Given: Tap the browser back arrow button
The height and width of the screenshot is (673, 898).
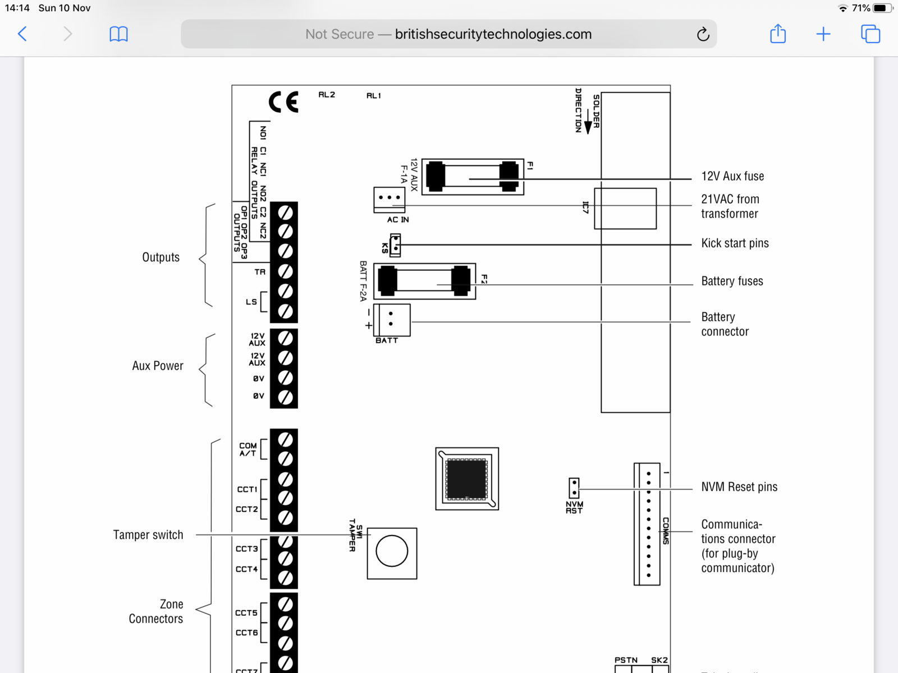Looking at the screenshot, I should [x=22, y=34].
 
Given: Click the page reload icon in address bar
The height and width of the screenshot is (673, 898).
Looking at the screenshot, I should [x=703, y=34].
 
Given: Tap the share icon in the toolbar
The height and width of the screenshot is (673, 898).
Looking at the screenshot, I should [x=778, y=34].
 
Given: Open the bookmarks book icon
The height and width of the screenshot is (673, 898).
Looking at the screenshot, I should [x=118, y=34].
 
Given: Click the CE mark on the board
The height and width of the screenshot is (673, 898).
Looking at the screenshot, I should [x=283, y=102].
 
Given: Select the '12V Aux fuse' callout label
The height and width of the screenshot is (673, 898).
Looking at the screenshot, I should [x=732, y=176].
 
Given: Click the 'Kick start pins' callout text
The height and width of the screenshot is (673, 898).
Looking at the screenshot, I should [x=735, y=243].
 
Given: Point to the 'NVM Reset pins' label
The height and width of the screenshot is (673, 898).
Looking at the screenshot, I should [x=739, y=487].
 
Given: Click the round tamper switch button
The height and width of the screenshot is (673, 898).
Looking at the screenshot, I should [x=392, y=551].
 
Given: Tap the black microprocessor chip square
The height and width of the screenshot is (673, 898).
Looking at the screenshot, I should [x=466, y=479].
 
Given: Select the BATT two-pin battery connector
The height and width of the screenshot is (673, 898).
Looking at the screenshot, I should [x=391, y=319].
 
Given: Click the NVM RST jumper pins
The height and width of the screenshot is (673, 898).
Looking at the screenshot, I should [x=574, y=488].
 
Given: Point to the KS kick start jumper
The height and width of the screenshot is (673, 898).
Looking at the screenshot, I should [x=395, y=245].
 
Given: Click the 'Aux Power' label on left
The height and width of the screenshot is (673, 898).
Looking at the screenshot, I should [x=158, y=366].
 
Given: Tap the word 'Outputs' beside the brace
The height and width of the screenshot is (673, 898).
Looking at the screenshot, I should [x=161, y=257].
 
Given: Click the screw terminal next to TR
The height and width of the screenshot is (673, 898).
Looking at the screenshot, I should [x=285, y=271].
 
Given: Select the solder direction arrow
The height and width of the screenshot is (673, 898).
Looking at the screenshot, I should [x=588, y=122].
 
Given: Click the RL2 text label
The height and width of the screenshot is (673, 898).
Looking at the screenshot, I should [x=327, y=95].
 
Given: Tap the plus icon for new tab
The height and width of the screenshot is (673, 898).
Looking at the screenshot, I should [x=823, y=34].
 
